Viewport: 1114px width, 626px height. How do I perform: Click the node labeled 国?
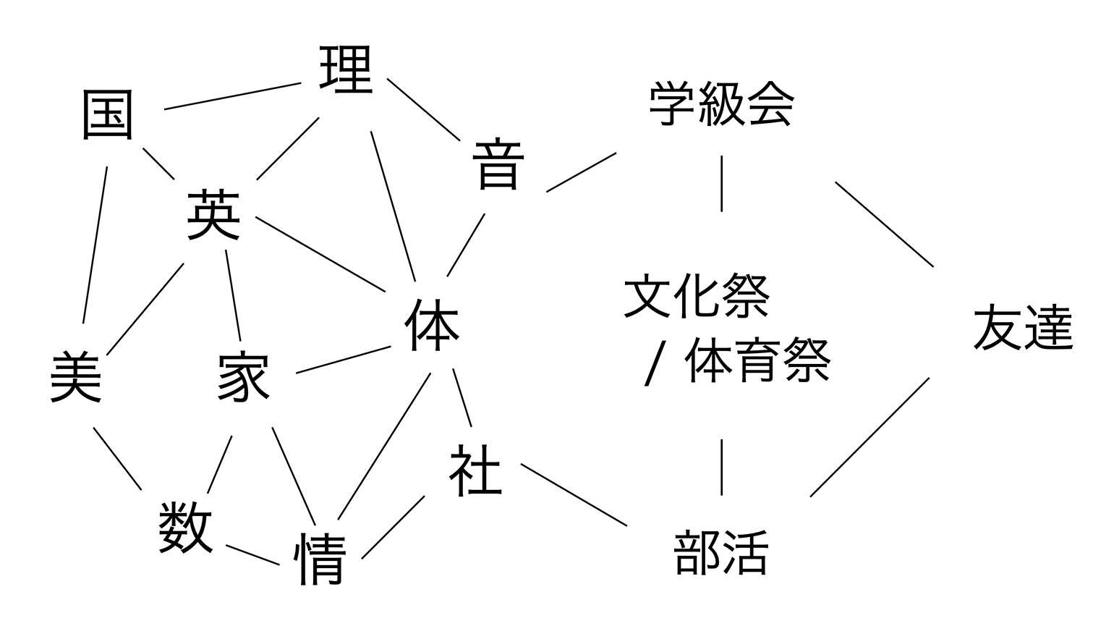[108, 115]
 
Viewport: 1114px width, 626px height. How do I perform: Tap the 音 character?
[498, 166]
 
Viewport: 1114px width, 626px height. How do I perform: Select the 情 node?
[320, 559]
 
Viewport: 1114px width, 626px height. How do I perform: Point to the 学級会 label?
[721, 105]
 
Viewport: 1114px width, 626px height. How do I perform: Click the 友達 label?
[1022, 328]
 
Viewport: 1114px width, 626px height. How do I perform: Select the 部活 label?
[720, 552]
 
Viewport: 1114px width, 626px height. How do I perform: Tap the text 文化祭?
[697, 296]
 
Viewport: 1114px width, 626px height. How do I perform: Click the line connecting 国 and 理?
[232, 96]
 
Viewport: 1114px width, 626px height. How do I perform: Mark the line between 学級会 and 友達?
[884, 224]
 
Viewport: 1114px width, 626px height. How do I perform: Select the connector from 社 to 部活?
[574, 495]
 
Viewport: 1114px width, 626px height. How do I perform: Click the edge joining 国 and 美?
[95, 245]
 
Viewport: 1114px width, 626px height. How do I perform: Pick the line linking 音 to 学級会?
[581, 172]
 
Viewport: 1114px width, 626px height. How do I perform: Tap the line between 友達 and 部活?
[869, 437]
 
